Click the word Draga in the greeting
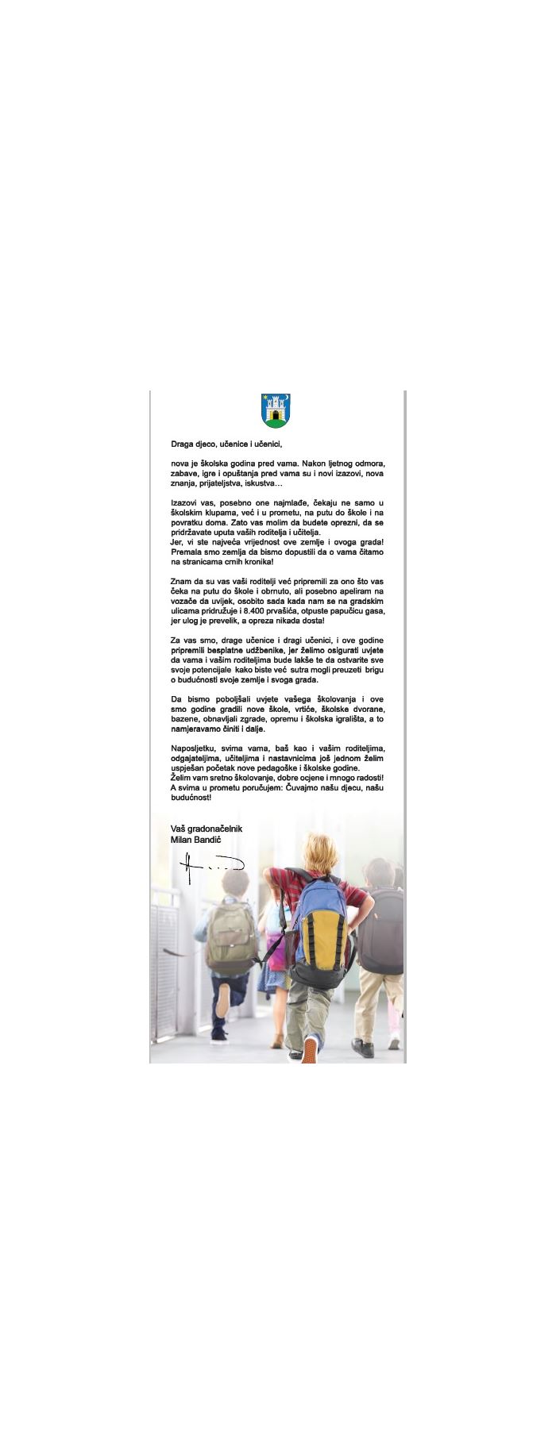click(x=183, y=444)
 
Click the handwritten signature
click(x=209, y=867)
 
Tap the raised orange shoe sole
click(x=310, y=1050)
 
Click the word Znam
click(x=181, y=581)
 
